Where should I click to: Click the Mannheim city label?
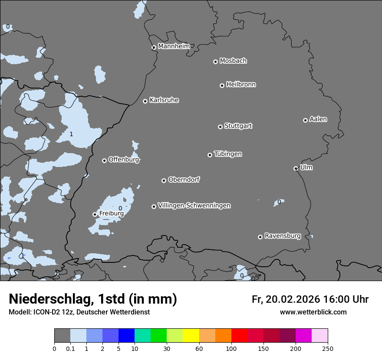coord(174,46)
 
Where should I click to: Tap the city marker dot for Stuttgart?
coord(220,127)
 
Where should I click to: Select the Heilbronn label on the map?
coord(241,84)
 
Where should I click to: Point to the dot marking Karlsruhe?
coord(145,101)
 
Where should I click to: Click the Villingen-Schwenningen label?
coord(194,206)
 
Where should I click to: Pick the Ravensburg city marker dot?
coord(260,237)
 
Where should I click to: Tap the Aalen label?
coord(318,119)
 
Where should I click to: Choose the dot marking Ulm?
coord(296,168)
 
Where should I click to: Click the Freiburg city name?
coord(111,213)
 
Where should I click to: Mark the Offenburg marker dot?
coord(104,160)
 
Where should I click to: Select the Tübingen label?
coord(228,154)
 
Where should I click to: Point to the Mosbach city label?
coord(233,61)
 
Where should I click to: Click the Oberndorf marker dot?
coord(164,180)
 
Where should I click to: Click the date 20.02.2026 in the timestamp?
coord(293,299)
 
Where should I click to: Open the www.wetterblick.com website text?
coord(313,312)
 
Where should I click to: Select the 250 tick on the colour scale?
coord(328,348)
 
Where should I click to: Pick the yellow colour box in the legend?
coord(191,335)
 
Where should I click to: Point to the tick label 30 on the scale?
coord(167,348)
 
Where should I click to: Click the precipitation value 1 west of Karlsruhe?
coord(71,134)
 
